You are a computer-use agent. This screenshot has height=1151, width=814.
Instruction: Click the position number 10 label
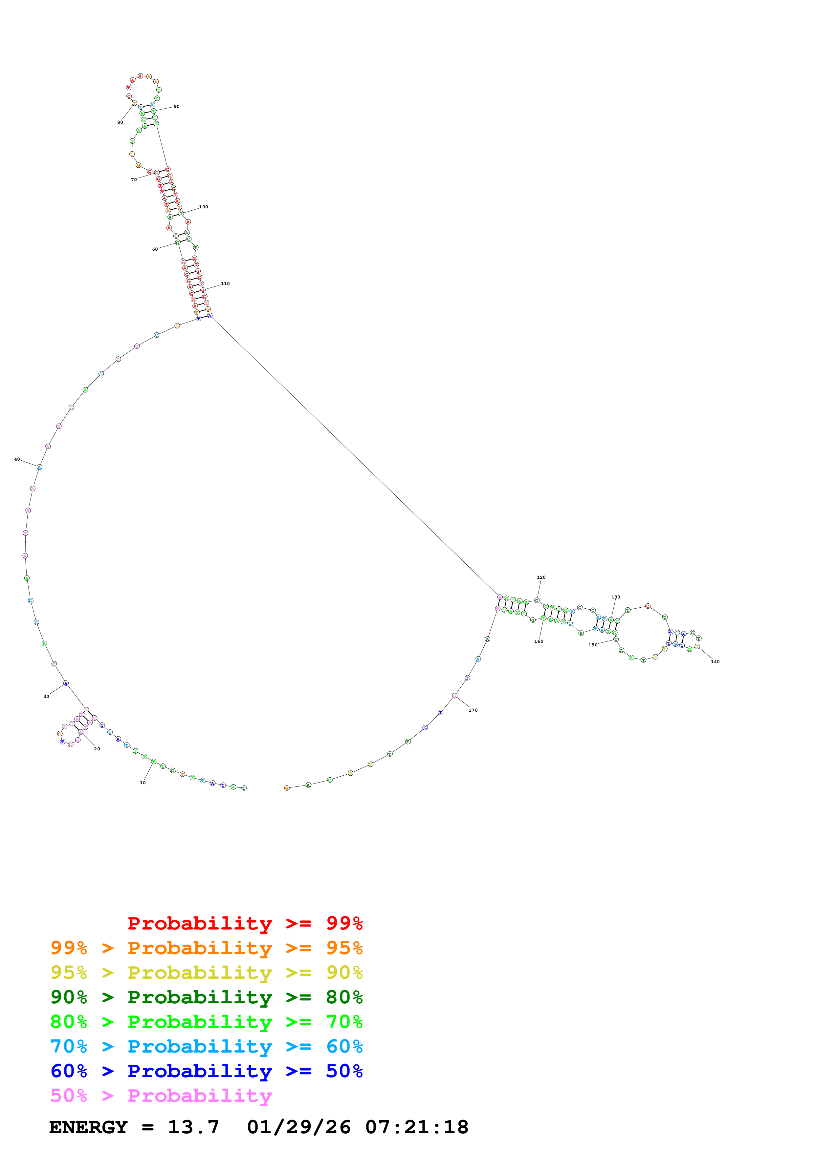143,783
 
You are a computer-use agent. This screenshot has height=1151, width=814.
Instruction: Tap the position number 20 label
97,749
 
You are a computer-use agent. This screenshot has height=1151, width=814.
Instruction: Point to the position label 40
17,459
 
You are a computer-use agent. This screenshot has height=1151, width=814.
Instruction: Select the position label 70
134,179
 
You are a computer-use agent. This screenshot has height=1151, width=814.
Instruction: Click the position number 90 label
177,107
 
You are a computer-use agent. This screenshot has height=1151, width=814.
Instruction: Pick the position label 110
225,284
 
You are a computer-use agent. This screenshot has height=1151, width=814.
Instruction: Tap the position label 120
541,577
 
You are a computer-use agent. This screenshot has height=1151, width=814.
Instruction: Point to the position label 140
715,662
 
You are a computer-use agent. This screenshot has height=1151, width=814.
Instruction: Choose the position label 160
539,641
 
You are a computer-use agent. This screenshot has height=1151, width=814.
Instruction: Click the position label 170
473,710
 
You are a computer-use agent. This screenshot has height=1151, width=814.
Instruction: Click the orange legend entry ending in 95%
206,948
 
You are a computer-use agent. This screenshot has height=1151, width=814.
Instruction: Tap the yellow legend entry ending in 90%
206,973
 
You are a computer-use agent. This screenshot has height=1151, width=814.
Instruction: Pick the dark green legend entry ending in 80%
206,997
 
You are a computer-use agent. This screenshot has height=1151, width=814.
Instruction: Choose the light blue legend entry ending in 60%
206,1046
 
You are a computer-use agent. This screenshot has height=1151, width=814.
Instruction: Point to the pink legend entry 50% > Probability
161,1095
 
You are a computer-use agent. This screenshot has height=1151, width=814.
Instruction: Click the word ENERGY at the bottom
88,1127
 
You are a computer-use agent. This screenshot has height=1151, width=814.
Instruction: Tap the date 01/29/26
298,1127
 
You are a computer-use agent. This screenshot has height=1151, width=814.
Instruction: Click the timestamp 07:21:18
416,1127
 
